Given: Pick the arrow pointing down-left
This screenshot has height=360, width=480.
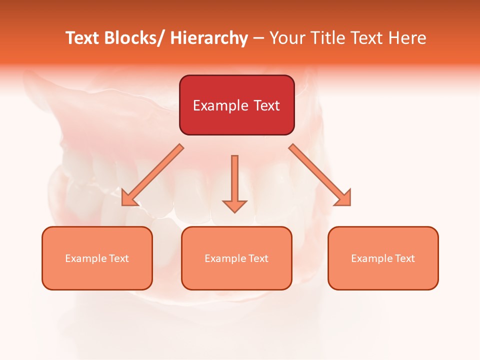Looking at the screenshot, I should click(x=152, y=175).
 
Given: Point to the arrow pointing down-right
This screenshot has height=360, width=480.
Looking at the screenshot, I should click(x=320, y=175).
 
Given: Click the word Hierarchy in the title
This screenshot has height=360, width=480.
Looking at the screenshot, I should click(x=209, y=38).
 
